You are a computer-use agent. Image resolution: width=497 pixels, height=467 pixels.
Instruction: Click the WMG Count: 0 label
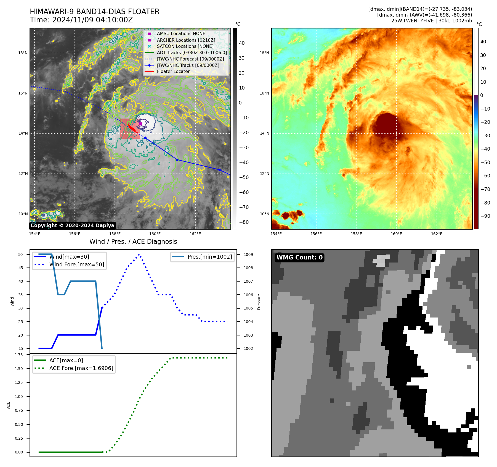(299, 258)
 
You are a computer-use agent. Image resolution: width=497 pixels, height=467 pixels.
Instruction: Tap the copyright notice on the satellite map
(72, 225)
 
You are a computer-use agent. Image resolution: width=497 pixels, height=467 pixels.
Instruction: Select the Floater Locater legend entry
(173, 72)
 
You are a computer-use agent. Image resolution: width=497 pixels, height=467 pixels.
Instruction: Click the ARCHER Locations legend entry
(186, 40)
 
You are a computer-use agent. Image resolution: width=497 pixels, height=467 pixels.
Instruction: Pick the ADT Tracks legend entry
(192, 53)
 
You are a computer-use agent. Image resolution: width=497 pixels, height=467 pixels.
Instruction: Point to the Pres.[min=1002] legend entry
(209, 257)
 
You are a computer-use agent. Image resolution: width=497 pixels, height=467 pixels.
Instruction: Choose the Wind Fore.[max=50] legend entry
(76, 264)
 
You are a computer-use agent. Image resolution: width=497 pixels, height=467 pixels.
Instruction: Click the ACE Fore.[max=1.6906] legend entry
(81, 368)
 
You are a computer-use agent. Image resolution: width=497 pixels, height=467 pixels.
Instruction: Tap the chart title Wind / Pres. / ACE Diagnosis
(133, 242)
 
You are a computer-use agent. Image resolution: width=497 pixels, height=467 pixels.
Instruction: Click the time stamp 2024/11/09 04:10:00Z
(92, 20)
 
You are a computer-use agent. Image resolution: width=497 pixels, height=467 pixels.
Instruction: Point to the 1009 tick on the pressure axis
(248, 255)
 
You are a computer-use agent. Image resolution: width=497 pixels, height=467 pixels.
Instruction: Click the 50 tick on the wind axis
(21, 255)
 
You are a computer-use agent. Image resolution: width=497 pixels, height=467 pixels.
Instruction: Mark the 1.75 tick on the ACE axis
(19, 355)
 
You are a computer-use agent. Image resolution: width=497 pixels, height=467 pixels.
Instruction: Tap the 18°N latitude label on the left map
(23, 53)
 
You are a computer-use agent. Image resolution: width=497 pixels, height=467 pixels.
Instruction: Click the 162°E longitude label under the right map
(437, 234)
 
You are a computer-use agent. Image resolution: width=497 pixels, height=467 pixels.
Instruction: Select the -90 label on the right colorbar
(485, 216)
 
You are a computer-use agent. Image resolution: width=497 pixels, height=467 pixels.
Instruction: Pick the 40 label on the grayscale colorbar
(242, 43)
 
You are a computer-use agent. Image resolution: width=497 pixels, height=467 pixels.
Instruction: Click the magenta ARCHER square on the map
(140, 124)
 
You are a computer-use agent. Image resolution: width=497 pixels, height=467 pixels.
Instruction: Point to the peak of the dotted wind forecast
(139, 255)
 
